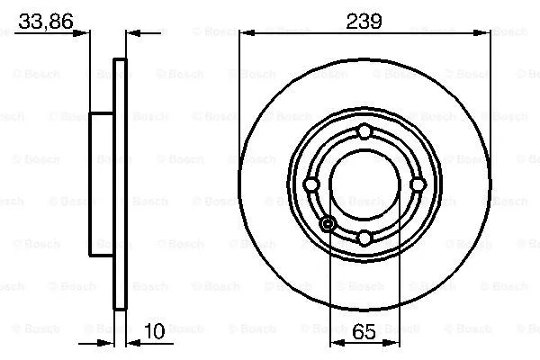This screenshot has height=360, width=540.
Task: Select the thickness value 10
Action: [x=154, y=330]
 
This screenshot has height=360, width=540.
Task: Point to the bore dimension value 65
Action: [x=363, y=330]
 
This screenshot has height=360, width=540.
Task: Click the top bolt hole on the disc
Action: [x=364, y=132]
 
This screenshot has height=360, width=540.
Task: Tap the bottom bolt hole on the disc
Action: [x=364, y=238]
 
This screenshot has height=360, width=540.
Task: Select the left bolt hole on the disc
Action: [x=310, y=184]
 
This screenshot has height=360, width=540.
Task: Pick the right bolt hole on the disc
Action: [x=417, y=184]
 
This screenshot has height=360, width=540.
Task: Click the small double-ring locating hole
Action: [x=328, y=223]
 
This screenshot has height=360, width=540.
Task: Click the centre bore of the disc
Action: [x=364, y=184]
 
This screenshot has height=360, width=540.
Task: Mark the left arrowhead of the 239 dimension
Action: [x=245, y=34]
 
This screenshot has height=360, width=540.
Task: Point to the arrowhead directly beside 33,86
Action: [x=84, y=34]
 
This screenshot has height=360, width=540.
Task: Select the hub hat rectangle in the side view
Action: [x=102, y=184]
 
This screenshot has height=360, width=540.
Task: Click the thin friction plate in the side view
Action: [x=120, y=184]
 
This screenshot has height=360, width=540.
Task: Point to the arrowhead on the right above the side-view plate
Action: [x=133, y=34]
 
